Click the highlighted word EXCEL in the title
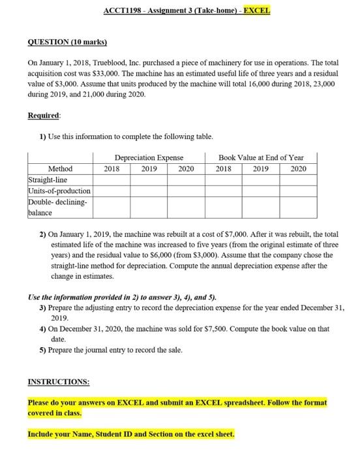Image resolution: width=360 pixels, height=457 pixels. coord(257,11)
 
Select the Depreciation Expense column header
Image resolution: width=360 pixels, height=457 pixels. coord(149,157)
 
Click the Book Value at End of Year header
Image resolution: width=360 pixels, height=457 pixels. coord(261,157)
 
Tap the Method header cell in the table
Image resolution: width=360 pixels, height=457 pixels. coord(60,168)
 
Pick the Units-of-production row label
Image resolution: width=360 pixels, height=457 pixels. coord(59,190)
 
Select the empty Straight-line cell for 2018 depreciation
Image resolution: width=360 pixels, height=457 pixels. coord(111,179)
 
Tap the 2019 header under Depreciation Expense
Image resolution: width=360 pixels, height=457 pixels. coord(149,168)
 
